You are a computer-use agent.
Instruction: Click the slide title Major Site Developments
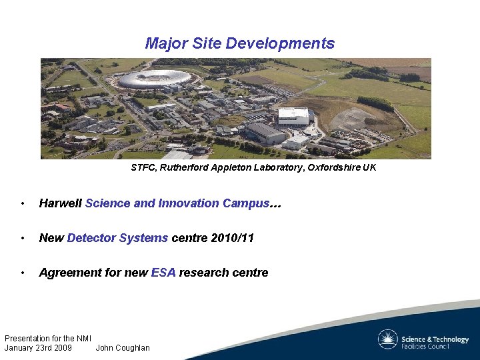[x=240, y=44]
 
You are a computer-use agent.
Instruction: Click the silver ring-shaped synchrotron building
[x=155, y=79]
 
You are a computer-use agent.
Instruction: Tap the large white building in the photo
[x=293, y=117]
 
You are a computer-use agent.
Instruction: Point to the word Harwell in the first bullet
[x=61, y=203]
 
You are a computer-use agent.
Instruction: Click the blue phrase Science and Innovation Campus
[x=177, y=203]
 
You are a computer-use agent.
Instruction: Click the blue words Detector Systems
[x=117, y=238]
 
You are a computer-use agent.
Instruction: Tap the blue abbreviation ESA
[x=163, y=273]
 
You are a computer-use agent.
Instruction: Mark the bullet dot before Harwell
[x=23, y=204]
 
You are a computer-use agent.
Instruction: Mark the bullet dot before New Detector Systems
[x=23, y=239]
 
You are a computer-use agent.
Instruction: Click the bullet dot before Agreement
[x=23, y=273]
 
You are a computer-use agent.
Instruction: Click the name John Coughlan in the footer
[x=123, y=348]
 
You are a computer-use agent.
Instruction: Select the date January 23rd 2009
[x=38, y=348]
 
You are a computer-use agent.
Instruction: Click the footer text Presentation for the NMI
[x=48, y=339]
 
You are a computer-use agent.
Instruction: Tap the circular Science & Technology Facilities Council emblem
[x=387, y=339]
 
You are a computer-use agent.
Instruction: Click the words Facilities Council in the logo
[x=425, y=347]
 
